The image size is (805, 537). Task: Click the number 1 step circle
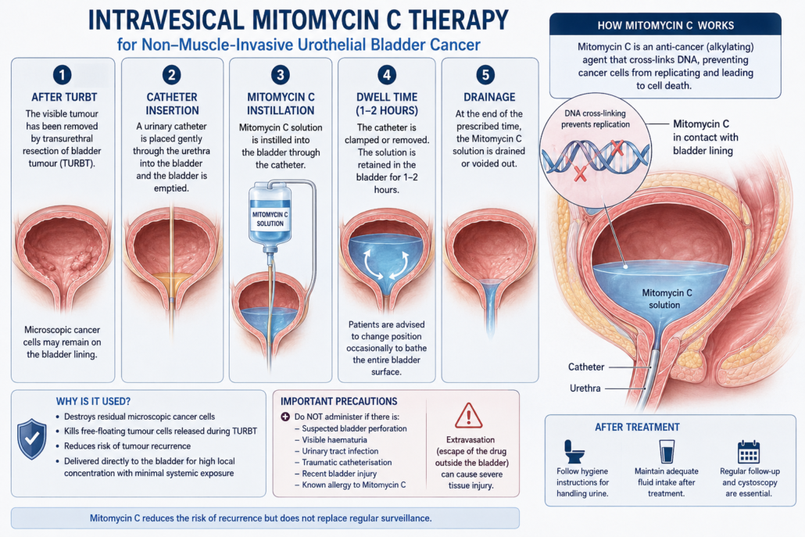(x=62, y=75)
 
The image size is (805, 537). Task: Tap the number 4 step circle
(x=387, y=75)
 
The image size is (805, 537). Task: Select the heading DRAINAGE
(x=489, y=97)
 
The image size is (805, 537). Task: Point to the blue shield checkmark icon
(x=32, y=439)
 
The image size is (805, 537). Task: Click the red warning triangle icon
(x=468, y=416)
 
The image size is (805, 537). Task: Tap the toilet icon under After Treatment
(x=574, y=451)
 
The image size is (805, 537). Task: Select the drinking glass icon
(x=667, y=451)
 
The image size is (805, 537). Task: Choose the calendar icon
(x=749, y=452)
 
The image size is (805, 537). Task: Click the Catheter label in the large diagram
(x=586, y=367)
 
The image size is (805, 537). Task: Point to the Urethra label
(x=585, y=388)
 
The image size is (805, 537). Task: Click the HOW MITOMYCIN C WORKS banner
(x=665, y=25)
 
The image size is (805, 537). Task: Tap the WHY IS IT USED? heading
(x=94, y=402)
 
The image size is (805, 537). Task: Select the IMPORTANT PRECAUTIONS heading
(x=339, y=402)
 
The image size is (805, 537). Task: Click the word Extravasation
(x=470, y=440)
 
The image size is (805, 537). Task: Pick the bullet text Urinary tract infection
(x=340, y=451)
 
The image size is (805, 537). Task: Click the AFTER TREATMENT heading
(x=637, y=427)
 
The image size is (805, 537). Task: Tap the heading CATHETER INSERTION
(x=172, y=104)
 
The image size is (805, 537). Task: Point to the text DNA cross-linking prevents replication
(x=595, y=119)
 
